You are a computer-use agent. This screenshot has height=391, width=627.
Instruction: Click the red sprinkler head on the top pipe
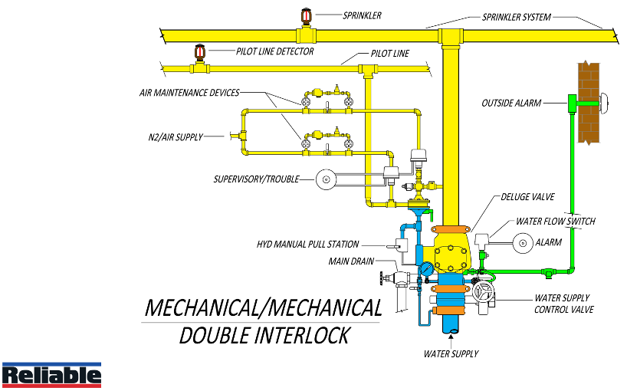point(306,18)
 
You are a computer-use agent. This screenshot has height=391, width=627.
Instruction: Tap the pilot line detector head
point(201,53)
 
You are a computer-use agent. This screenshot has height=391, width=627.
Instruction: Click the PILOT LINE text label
point(389,54)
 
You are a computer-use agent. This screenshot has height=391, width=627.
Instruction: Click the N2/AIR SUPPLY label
point(176,137)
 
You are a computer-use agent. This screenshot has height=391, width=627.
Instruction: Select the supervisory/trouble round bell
point(326,179)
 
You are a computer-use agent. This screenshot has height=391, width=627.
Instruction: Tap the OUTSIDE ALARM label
point(511,103)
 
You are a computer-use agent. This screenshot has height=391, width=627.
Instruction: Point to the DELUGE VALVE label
point(527,197)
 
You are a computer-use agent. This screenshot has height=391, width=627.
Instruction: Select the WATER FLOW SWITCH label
point(555,222)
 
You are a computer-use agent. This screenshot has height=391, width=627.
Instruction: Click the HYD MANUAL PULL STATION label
point(307,245)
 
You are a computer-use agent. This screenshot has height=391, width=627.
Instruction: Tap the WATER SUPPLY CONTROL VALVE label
point(563,304)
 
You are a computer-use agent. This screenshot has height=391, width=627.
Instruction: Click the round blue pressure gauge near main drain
point(423,269)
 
